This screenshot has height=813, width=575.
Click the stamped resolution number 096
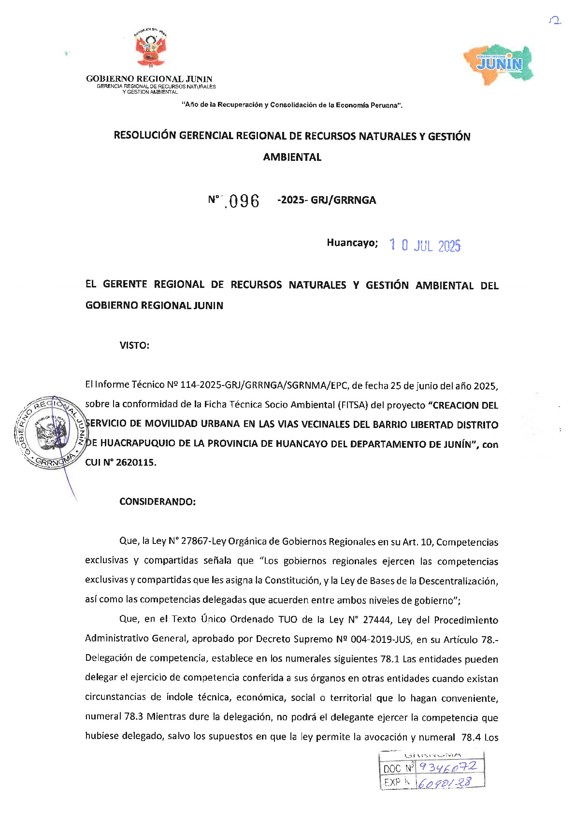click(244, 201)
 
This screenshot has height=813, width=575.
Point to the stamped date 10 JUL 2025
click(425, 246)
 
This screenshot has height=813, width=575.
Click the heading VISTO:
click(134, 345)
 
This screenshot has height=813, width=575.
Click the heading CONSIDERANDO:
click(158, 501)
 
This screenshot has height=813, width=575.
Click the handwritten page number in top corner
click(556, 21)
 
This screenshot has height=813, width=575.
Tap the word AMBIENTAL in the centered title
click(292, 157)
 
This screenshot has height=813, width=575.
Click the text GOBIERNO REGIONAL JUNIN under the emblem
click(149, 79)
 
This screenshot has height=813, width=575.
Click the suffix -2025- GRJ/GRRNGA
click(327, 200)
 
